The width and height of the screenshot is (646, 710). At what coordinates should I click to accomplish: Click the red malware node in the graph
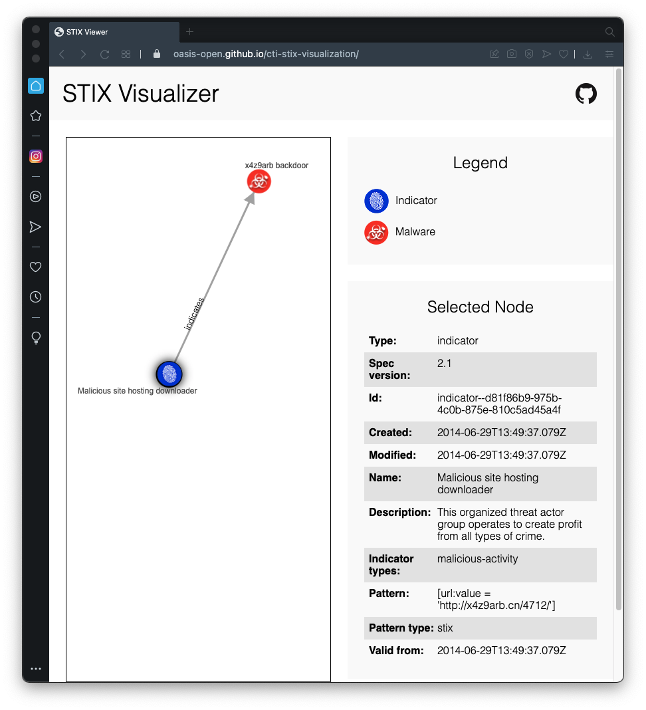pos(259,181)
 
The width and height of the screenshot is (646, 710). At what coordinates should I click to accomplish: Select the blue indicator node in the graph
pos(169,374)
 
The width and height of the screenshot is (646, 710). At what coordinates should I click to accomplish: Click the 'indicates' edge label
pos(194,313)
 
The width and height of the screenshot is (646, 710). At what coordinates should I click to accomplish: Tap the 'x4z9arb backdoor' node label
pos(276,166)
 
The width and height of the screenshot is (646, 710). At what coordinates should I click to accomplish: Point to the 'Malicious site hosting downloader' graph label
pos(138,391)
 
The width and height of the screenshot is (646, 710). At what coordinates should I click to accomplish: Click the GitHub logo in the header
pos(586,94)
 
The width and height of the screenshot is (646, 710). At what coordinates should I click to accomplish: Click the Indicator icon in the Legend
pos(376,201)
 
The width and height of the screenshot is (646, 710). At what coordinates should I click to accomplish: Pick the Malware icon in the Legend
pos(376,232)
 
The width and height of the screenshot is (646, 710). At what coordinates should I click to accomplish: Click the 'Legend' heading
pos(480,163)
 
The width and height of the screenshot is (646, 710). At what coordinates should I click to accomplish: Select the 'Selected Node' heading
pos(480,307)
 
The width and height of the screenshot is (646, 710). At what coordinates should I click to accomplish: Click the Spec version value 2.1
pos(445,364)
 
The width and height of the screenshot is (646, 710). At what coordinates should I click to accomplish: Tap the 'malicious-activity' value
pos(477,559)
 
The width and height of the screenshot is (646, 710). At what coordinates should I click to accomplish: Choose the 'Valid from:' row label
pos(396,651)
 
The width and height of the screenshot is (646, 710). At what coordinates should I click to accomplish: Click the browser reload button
pos(104,55)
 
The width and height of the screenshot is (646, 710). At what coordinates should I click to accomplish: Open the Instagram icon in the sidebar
pos(36,157)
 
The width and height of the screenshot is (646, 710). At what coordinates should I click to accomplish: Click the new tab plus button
pos(189,32)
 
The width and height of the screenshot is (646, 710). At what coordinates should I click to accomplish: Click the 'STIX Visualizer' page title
pos(141,94)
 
